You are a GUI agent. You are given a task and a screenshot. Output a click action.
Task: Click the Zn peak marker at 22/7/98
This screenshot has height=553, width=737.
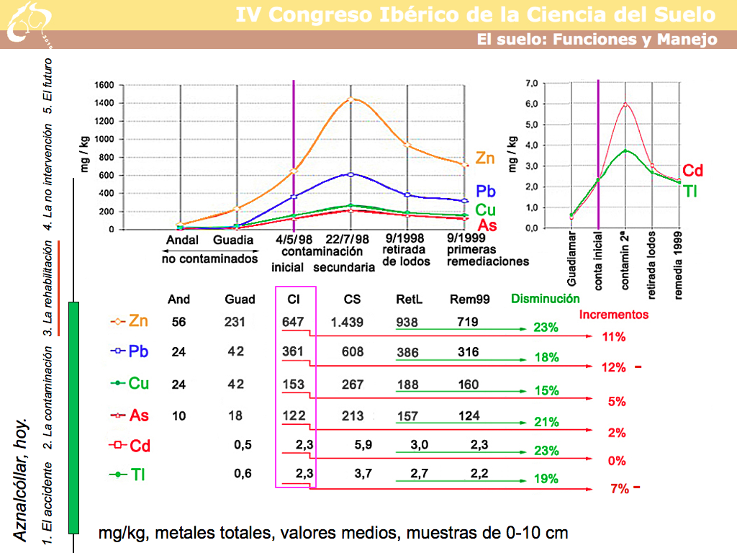point(351,99)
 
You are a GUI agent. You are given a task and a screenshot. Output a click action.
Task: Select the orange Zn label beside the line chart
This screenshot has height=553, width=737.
point(485,159)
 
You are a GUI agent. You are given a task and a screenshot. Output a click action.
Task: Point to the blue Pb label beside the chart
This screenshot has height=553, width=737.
point(486,192)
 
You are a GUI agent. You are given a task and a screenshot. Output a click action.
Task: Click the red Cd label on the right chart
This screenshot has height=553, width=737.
point(692,171)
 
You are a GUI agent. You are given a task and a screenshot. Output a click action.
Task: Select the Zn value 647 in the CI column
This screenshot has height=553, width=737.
point(294,323)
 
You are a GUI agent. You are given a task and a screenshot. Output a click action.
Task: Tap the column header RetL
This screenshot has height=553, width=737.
point(408,300)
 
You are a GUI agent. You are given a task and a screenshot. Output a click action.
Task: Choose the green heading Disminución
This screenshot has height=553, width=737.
point(545,298)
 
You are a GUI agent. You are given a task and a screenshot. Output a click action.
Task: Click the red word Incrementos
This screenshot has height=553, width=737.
point(613,315)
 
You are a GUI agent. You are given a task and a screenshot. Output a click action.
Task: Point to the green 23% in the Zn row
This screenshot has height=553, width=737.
point(546,328)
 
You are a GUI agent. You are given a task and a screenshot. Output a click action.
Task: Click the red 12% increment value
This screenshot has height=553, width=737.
point(613,367)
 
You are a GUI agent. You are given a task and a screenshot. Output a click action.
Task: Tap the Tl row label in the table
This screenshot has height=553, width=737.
point(135,475)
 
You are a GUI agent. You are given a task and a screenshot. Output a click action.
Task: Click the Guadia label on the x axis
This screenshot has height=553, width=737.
point(233,240)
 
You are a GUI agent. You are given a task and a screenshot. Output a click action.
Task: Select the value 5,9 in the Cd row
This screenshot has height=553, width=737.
point(363,445)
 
